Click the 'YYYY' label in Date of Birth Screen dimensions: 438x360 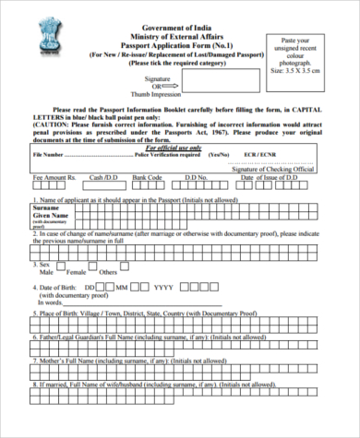pos(162,287)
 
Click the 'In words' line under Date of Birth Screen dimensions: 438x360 pos(49,302)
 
